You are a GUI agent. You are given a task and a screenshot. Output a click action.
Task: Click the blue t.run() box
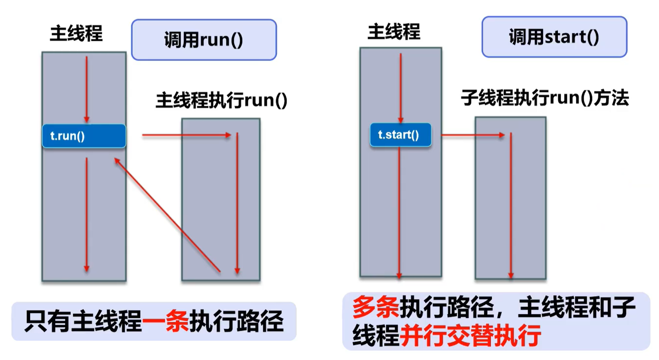(x=84, y=136)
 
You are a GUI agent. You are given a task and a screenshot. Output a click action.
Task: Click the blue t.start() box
(x=401, y=135)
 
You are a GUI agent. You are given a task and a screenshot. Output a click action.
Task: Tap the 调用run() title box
(x=204, y=40)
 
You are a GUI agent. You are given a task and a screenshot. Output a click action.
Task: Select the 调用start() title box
(x=554, y=37)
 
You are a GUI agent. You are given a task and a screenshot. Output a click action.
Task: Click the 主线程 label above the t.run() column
(x=76, y=33)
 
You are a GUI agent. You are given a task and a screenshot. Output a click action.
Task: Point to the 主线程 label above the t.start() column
(x=394, y=31)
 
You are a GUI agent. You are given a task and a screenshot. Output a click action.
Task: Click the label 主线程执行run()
(x=221, y=100)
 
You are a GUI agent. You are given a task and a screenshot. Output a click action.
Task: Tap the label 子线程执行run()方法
(x=545, y=98)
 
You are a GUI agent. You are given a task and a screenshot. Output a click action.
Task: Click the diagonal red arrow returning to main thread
(x=167, y=215)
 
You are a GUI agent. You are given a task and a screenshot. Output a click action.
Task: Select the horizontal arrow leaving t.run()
(x=186, y=135)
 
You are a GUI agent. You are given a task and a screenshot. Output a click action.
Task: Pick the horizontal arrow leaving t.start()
(x=473, y=135)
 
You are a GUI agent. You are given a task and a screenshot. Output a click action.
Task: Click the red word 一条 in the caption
(x=165, y=321)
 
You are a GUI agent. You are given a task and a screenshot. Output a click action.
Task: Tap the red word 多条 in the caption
(x=376, y=307)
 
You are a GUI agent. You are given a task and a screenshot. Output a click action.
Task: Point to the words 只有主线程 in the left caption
(x=83, y=321)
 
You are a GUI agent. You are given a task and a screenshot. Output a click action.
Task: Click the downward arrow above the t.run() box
(x=87, y=89)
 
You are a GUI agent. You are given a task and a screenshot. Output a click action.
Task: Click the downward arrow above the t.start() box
(x=400, y=88)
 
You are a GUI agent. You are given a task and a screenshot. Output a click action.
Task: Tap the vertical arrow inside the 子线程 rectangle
(x=511, y=206)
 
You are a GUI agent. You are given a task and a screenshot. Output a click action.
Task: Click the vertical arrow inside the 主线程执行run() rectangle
(x=237, y=203)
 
